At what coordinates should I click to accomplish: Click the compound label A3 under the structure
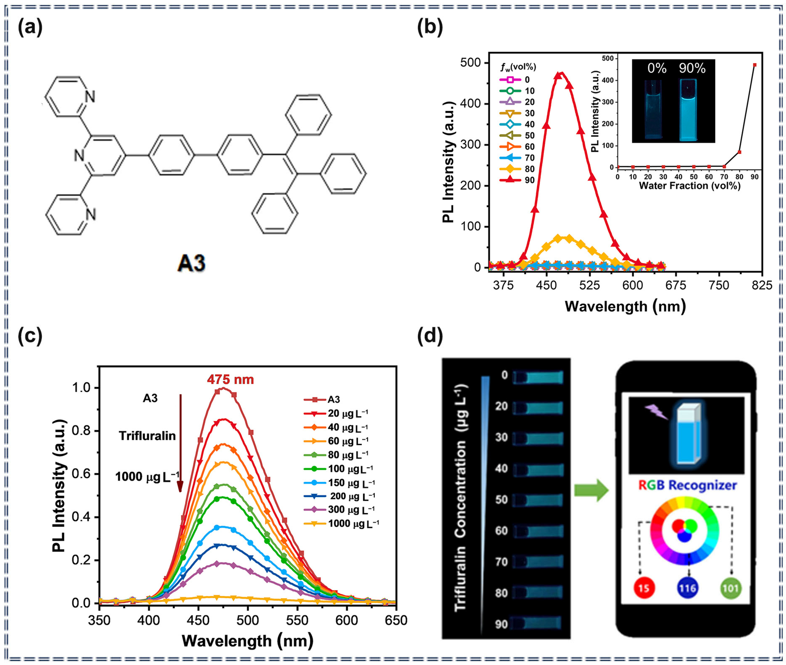click(192, 263)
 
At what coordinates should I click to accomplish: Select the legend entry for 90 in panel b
click(516, 180)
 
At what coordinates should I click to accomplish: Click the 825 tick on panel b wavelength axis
click(762, 285)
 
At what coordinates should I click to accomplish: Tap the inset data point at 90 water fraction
click(755, 65)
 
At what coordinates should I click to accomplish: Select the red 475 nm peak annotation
click(230, 379)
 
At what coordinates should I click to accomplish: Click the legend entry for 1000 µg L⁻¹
click(341, 523)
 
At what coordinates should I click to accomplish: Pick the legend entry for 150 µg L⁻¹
click(339, 483)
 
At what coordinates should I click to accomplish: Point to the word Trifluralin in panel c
click(147, 436)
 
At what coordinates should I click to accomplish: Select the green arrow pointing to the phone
click(591, 490)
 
